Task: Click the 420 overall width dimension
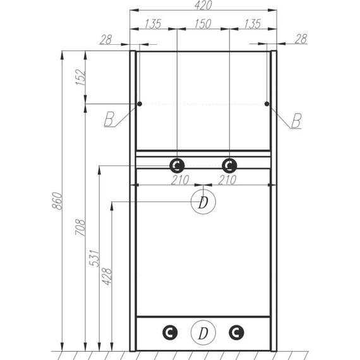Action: [203, 5]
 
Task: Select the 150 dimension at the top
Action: [203, 24]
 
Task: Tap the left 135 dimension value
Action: [153, 24]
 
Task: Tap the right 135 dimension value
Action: [253, 24]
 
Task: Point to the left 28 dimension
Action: [106, 40]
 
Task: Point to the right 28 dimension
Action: [301, 39]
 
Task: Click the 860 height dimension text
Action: [57, 201]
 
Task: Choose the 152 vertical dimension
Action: [81, 78]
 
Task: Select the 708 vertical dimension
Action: [80, 227]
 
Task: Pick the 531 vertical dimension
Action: [95, 258]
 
